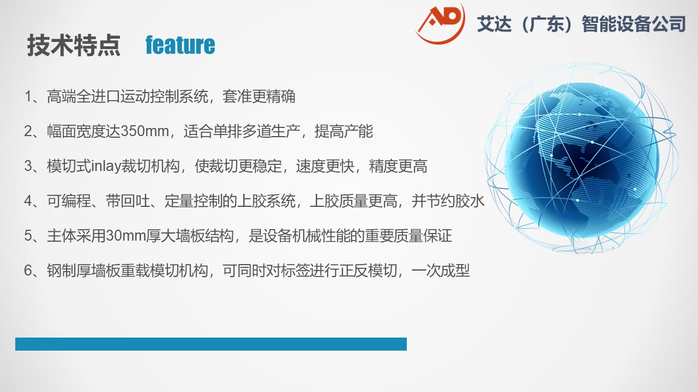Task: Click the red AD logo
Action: (440, 23)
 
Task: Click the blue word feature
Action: (180, 45)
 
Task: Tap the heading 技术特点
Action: (74, 45)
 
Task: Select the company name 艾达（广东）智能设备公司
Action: (581, 23)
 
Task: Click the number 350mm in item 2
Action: (145, 131)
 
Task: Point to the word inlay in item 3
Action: (106, 166)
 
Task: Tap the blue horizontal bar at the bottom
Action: (211, 344)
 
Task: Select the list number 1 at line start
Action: (28, 96)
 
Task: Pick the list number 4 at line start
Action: (28, 201)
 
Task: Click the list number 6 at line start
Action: (28, 271)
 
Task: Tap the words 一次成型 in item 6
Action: (441, 271)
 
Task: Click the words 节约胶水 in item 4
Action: (455, 201)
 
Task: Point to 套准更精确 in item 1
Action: (258, 96)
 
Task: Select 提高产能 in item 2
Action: (344, 131)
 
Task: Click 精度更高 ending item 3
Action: (398, 166)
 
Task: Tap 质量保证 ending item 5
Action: (423, 236)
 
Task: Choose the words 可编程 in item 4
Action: (69, 201)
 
